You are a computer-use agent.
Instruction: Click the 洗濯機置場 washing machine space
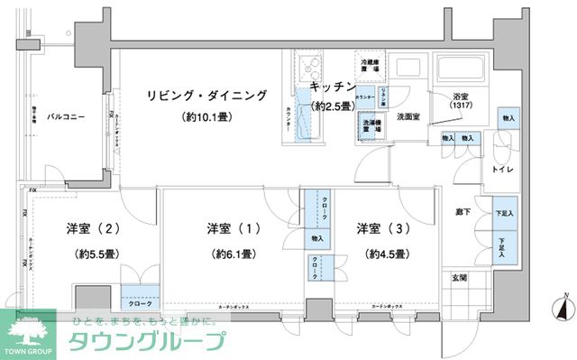(x=369, y=127)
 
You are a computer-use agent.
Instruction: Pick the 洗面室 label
(x=411, y=117)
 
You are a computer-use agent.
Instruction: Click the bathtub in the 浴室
(x=461, y=69)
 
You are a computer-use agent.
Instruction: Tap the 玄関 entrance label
(x=458, y=277)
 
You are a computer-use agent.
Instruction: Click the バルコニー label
(x=67, y=117)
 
